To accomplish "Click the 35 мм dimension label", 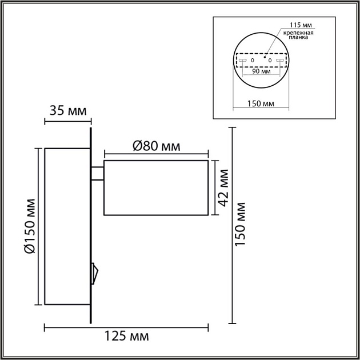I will [x=67, y=110].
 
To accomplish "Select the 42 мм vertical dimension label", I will [x=224, y=187].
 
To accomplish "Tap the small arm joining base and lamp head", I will [x=97, y=172].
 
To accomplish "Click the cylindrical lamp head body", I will [x=155, y=188].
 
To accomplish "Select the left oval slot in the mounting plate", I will [x=242, y=59].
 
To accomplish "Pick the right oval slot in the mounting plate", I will [x=279, y=59].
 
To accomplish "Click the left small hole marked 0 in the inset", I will [x=252, y=59].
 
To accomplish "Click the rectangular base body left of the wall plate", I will [x=67, y=226].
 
